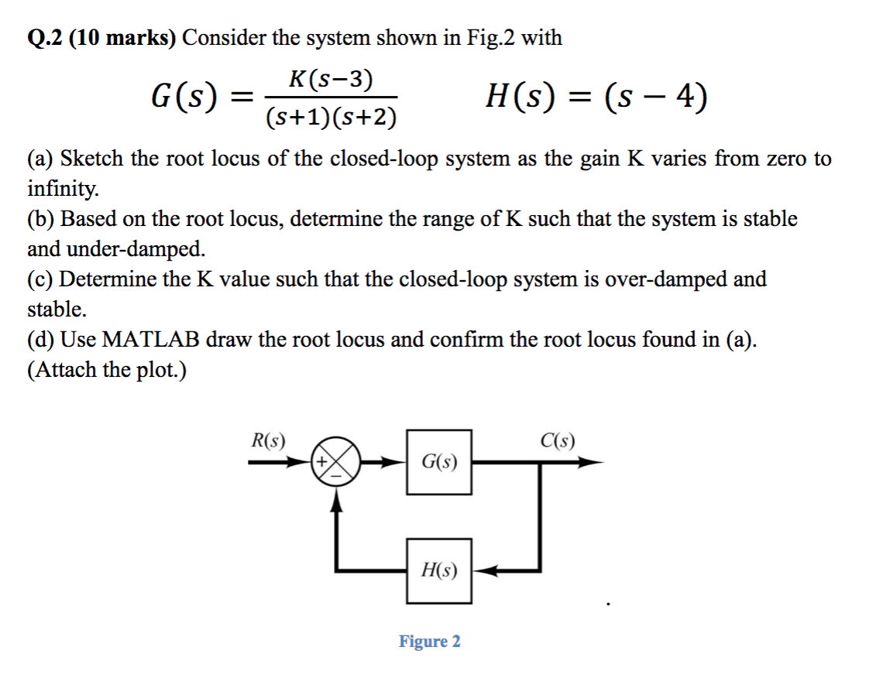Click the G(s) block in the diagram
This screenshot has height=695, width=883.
tap(439, 462)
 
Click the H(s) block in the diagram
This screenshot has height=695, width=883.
tap(439, 571)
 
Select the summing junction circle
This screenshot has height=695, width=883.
tap(336, 462)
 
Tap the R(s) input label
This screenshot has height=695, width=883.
tap(268, 441)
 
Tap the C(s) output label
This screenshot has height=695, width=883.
tap(558, 441)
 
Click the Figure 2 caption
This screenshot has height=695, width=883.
tap(429, 642)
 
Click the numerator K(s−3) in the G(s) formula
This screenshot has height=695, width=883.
tap(329, 79)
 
